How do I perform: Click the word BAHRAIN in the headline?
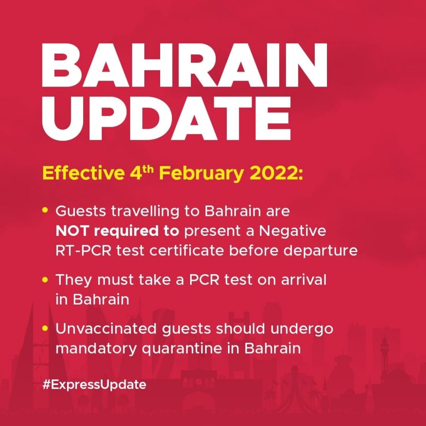[184, 65]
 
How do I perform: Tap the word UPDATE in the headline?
[166, 119]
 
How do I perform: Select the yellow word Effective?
[83, 173]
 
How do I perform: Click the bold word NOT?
[72, 231]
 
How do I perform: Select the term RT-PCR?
[83, 250]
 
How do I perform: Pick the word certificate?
[187, 250]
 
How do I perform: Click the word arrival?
[303, 279]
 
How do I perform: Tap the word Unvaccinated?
[106, 329]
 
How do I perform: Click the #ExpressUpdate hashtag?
[94, 385]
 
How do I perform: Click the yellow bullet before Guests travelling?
[45, 210]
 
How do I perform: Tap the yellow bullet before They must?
[45, 279]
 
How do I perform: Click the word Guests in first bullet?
[81, 211]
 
